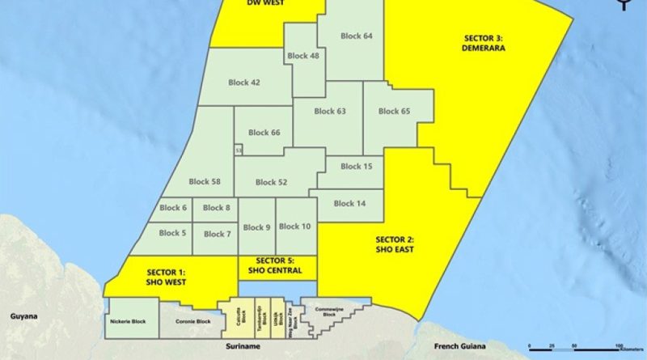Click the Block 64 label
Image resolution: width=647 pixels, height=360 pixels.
tap(357, 36)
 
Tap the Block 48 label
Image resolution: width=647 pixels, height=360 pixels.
tap(303, 56)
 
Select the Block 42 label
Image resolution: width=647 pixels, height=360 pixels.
tap(243, 83)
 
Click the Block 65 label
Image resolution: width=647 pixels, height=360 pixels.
tap(394, 111)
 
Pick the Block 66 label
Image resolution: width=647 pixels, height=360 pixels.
tap(264, 133)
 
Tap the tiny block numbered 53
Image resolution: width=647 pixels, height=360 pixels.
tap(239, 150)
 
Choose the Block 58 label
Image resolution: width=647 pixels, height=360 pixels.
tap(205, 182)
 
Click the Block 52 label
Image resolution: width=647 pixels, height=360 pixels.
tap(271, 182)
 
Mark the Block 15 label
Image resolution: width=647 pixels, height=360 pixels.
tap(356, 167)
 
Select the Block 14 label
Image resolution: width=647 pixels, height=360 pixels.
tap(349, 204)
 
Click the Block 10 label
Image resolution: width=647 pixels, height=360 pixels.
tap(294, 227)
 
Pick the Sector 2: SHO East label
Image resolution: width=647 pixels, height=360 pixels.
tap(395, 244)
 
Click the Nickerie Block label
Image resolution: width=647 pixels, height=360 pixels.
tap(127, 322)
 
